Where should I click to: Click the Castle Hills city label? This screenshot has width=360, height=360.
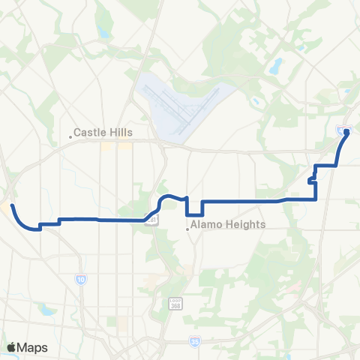click(x=103, y=133)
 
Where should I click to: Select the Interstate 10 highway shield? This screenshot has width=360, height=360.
click(x=80, y=279)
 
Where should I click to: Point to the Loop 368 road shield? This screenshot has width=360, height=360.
click(x=173, y=301)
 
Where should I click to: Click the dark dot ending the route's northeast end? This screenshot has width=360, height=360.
click(x=347, y=132)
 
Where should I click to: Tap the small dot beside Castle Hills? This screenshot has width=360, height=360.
click(x=70, y=136)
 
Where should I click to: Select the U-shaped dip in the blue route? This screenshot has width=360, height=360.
click(x=194, y=209)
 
